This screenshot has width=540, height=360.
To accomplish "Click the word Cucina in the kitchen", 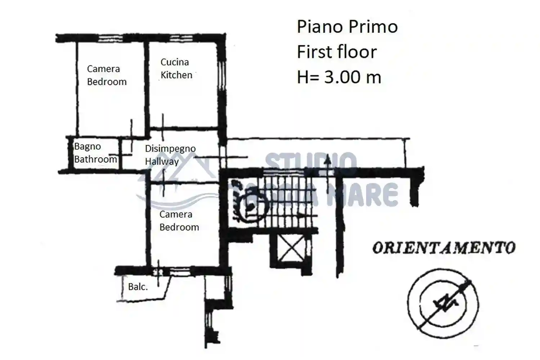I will (x=175, y=62).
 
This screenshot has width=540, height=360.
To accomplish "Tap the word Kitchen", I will (x=176, y=75).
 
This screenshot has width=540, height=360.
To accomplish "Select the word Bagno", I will (x=87, y=147).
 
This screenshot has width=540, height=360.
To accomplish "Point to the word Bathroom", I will (x=95, y=159).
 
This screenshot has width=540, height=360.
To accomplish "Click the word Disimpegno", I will (x=170, y=149).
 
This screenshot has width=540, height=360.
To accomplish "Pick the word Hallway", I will (x=162, y=161).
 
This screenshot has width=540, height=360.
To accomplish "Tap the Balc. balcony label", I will (x=138, y=287).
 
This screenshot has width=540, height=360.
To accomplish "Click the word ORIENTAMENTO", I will (x=444, y=248).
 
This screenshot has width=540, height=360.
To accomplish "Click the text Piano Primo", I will (x=347, y=27).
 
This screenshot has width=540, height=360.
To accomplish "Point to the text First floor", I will (x=337, y=52).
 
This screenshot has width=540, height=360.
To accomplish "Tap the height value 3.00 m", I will (x=352, y=77).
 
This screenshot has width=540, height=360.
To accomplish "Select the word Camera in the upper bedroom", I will (x=103, y=69).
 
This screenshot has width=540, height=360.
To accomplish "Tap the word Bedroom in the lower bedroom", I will (x=179, y=228).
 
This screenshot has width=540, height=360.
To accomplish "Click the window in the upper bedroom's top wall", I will (x=111, y=38).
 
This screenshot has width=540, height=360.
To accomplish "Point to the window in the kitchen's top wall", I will (x=181, y=38).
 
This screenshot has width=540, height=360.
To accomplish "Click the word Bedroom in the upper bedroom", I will (x=107, y=82).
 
